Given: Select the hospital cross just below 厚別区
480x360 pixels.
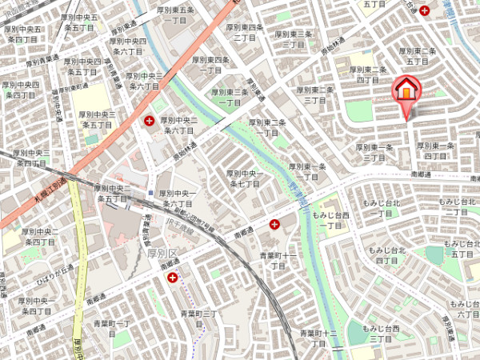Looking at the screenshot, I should click(172, 277).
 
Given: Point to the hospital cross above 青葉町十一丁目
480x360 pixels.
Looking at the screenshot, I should click(275, 225).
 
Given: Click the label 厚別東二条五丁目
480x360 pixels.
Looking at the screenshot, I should click(418, 55).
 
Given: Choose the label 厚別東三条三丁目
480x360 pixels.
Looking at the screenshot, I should click(295, 39).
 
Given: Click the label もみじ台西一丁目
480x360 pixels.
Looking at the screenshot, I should click(331, 221).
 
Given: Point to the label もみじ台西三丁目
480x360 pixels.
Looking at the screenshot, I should click(378, 334).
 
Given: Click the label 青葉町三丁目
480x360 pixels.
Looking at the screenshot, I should click(199, 318).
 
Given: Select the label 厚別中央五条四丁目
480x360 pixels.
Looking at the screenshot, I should click(22, 34).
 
